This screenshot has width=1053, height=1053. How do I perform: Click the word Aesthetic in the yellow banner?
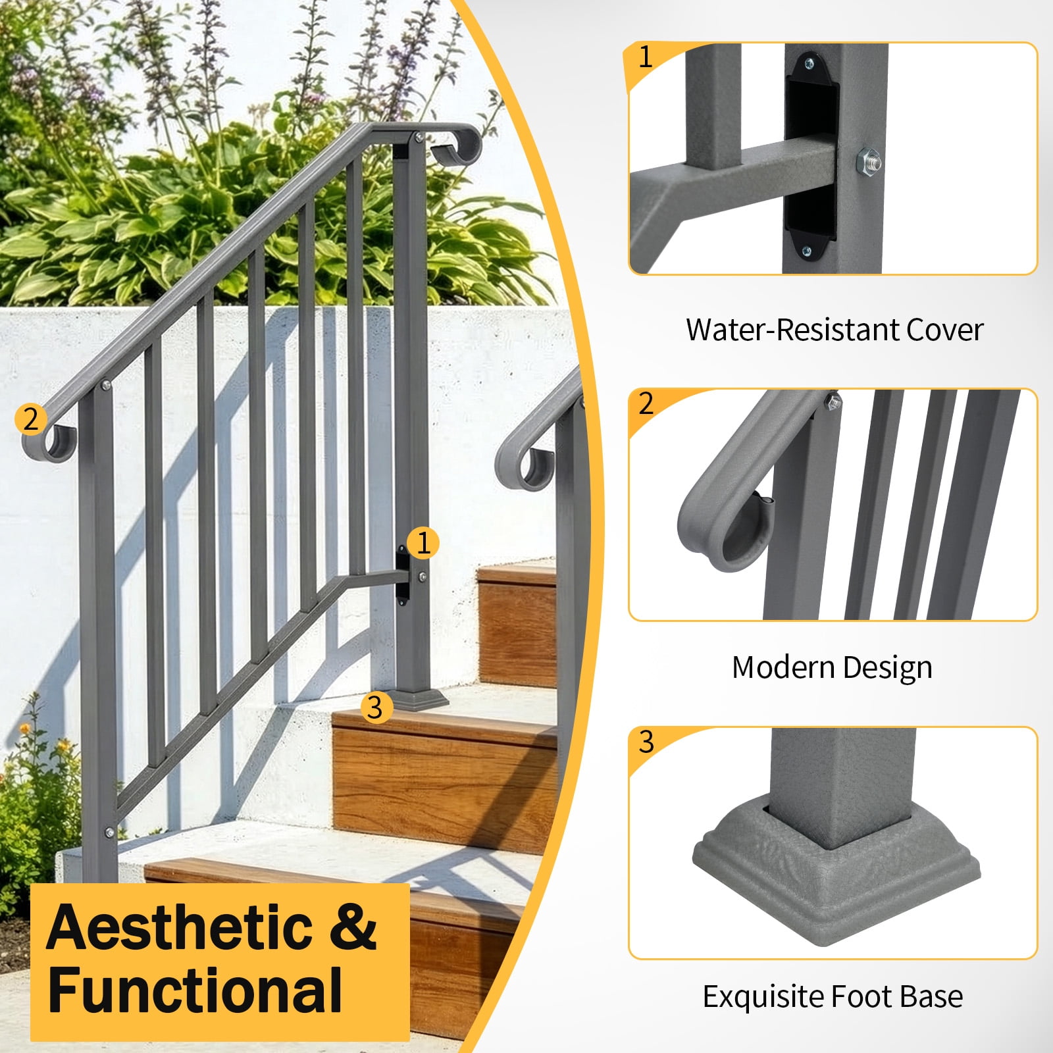[x=180, y=927]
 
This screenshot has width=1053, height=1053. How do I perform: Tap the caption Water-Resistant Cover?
[x=834, y=330]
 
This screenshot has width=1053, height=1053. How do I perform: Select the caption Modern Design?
[x=832, y=667]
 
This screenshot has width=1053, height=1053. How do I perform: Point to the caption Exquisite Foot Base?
[x=833, y=996]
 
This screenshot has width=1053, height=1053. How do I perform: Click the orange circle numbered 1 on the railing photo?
[x=423, y=543]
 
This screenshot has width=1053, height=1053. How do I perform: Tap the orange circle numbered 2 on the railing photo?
[x=31, y=419]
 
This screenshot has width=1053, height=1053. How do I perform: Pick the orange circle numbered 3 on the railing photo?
[x=376, y=707]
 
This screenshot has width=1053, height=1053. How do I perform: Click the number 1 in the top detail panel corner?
[x=646, y=57]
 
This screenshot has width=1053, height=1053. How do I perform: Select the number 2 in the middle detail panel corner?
[x=646, y=403]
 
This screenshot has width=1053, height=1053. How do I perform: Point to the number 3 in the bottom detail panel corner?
[x=646, y=742]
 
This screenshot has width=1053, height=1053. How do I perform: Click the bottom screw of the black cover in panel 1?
[x=808, y=250]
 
